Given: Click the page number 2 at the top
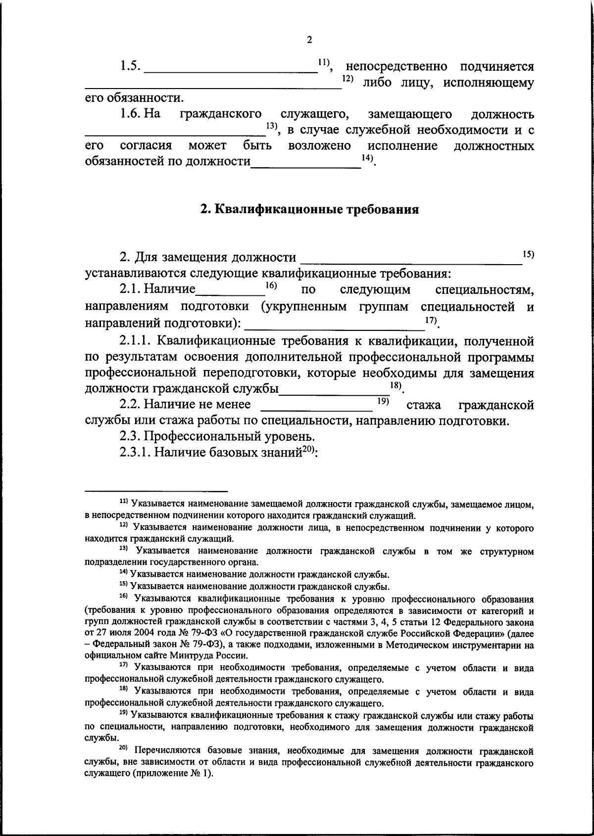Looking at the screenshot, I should point(309,40).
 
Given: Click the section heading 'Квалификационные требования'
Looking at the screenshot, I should point(309,209).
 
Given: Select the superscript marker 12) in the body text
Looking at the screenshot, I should point(347,80).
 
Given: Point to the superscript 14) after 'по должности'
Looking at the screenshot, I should point(367,158).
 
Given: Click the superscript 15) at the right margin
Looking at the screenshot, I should point(528,254).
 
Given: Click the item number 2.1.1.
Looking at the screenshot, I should point(138,341).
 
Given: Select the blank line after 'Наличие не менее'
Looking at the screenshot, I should point(317,409).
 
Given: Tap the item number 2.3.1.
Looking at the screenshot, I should point(138,453).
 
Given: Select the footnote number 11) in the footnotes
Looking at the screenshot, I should point(124,502).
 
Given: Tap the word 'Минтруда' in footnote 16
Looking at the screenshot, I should point(162,656).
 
